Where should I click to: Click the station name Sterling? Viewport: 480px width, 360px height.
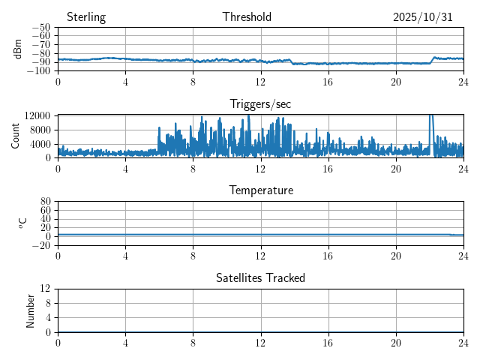(85, 17)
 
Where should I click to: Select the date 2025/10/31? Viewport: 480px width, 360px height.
(423, 17)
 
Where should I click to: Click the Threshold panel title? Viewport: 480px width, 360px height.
(247, 17)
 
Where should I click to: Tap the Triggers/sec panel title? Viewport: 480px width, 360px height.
(260, 104)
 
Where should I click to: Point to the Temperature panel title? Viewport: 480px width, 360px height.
(261, 190)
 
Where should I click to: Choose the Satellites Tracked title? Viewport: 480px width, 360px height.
(260, 278)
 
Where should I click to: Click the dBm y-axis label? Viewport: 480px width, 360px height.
(18, 49)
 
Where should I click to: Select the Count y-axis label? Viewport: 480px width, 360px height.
(15, 136)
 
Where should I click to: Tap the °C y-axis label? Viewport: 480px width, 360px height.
(22, 223)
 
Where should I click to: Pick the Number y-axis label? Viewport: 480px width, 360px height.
(31, 310)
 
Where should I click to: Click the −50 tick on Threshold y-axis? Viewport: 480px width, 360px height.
(40, 28)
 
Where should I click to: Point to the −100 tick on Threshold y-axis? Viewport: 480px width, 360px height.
(38, 71)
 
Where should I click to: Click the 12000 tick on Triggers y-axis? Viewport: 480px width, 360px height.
(37, 115)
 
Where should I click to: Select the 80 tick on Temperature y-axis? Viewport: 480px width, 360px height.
(45, 202)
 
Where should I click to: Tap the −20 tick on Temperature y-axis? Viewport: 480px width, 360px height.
(40, 245)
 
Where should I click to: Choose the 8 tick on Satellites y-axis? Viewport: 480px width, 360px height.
(47, 303)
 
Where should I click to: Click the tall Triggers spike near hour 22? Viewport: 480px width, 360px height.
(430, 120)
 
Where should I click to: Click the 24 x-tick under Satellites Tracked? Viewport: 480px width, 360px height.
(463, 341)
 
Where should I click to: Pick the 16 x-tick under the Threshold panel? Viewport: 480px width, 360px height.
(328, 81)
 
